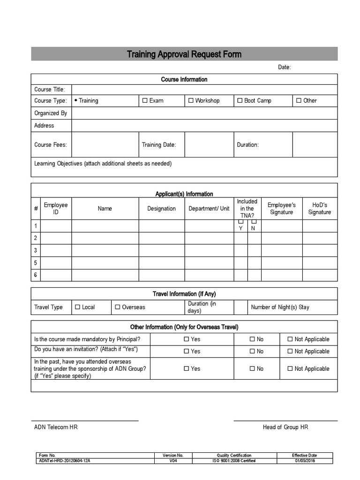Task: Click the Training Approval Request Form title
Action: point(184,54)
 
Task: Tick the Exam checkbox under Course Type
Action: point(145,100)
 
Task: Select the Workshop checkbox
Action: point(191,100)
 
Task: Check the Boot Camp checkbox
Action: point(240,100)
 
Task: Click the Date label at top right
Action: point(284,67)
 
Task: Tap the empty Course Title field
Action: point(204,90)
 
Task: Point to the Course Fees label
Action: point(51,144)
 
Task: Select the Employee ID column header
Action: point(56,209)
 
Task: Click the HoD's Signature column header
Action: point(319,209)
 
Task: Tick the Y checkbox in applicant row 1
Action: point(241,222)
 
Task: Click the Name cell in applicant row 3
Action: point(105,250)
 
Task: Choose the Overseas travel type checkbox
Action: point(118,307)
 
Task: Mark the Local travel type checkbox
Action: point(77,307)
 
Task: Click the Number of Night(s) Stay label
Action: point(280,307)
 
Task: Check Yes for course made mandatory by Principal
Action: point(186,339)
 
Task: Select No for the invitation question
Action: point(252,351)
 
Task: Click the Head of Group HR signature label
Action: point(285,427)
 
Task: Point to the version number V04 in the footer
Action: point(173,461)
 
